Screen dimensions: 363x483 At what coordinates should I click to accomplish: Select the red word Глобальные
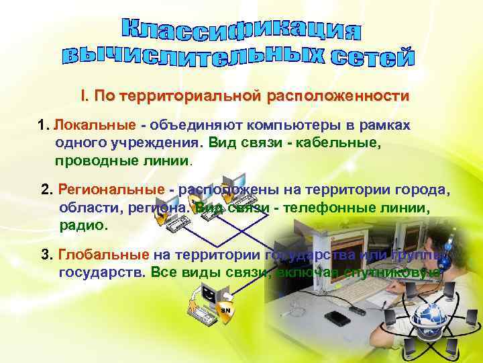point(104,255)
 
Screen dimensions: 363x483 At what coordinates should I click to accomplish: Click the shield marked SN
point(226,309)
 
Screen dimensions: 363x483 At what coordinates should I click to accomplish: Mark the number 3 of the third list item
point(46,255)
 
